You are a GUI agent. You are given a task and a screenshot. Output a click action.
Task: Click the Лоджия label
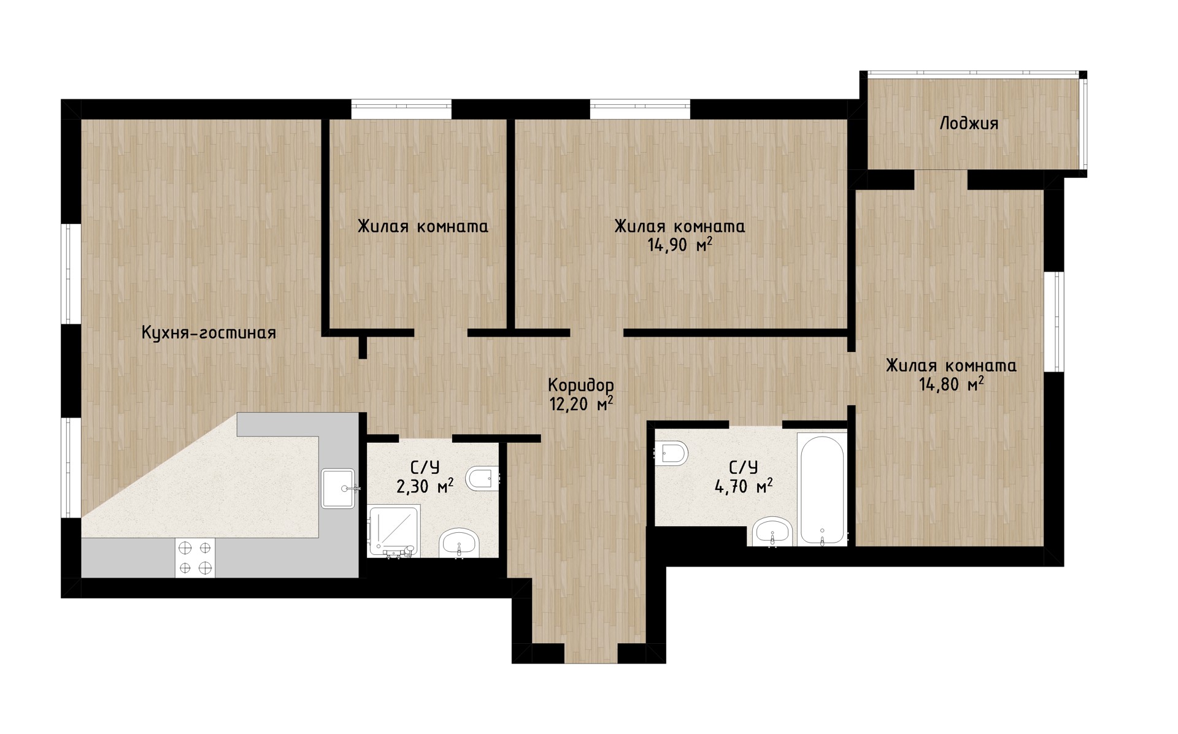click(x=969, y=124)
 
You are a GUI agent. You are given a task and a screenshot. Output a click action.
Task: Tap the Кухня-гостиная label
click(x=209, y=332)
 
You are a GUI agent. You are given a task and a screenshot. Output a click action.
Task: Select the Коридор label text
click(x=580, y=386)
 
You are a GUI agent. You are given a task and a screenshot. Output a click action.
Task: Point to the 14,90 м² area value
click(x=680, y=245)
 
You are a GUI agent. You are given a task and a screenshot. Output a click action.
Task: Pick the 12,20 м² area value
click(x=580, y=405)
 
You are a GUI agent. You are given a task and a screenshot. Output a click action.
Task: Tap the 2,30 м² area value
click(x=425, y=487)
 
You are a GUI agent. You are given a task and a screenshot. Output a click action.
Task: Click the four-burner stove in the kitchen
click(x=195, y=557)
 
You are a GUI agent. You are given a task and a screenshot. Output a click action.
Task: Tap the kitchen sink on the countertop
click(x=339, y=488)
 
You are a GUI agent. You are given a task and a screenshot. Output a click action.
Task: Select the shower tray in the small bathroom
click(x=394, y=531)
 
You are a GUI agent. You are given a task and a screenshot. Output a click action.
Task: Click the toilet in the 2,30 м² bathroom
click(x=483, y=478)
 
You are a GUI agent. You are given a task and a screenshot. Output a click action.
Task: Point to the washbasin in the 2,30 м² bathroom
click(x=459, y=543)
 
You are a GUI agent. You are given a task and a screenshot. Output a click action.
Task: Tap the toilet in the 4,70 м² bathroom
click(x=672, y=454)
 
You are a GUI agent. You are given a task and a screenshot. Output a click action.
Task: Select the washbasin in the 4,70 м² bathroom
click(x=772, y=531)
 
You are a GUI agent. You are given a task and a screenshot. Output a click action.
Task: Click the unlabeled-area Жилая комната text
click(x=423, y=227)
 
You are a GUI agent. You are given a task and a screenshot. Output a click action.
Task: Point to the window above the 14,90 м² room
click(x=641, y=109)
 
